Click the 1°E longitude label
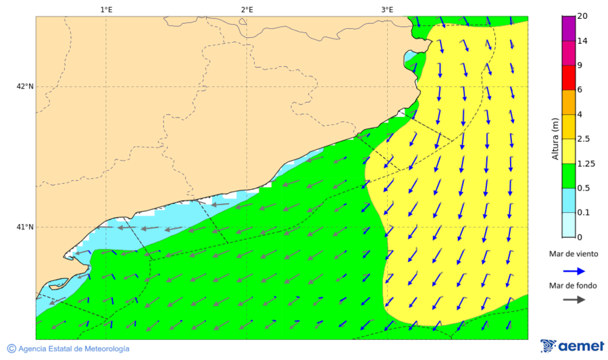click(106, 9)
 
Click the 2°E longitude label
click(247, 9)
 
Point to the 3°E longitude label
click(387, 9)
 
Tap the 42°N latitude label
click(25, 86)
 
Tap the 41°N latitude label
click(25, 227)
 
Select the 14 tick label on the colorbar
click(582, 41)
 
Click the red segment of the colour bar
click(568, 78)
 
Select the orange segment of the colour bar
click(568, 102)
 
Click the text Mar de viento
click(574, 254)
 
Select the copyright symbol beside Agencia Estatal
click(11, 349)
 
